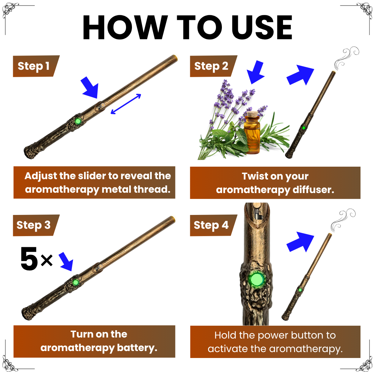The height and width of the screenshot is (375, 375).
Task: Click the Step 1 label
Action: (34, 66)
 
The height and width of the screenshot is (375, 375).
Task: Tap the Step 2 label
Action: (211, 66)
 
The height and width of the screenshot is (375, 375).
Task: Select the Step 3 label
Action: (34, 225)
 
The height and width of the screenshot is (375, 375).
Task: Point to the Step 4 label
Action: (211, 225)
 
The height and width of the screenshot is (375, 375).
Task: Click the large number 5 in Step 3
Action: (29, 259)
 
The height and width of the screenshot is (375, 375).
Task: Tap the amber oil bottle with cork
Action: (252, 134)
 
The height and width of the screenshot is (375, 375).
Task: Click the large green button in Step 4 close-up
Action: (257, 279)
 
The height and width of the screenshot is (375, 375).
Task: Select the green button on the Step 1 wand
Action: (78, 121)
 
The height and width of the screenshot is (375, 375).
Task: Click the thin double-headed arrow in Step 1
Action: (126, 104)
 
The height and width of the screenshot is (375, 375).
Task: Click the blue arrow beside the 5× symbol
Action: (66, 261)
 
